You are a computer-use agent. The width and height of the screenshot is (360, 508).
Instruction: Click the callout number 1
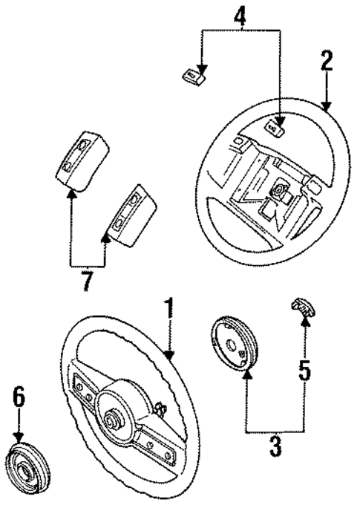pos(170,309)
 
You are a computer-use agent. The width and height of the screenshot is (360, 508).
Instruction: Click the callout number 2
pos(327,60)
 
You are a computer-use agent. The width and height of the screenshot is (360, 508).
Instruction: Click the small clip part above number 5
pos(301,306)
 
